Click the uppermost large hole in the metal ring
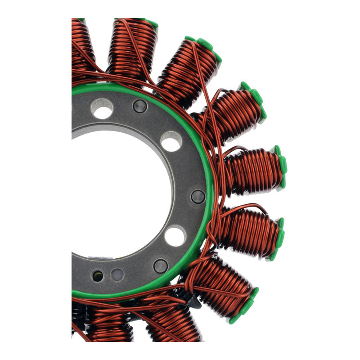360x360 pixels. pyautogui.click(x=102, y=109)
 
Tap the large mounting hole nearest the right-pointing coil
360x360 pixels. pyautogui.click(x=171, y=141)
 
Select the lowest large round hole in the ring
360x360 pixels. pyautogui.click(x=175, y=236)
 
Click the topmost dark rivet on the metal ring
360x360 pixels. pyautogui.click(x=140, y=106)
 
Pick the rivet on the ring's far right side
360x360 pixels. pyautogui.click(x=198, y=196)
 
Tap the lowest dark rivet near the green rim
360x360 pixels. pyautogui.click(x=161, y=266)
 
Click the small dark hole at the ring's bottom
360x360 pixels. pyautogui.click(x=97, y=276)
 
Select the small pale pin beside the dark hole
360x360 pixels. pyautogui.click(x=117, y=274)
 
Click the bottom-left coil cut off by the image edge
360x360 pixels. pyautogui.click(x=81, y=322)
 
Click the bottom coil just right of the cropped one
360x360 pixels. pyautogui.click(x=110, y=324)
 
